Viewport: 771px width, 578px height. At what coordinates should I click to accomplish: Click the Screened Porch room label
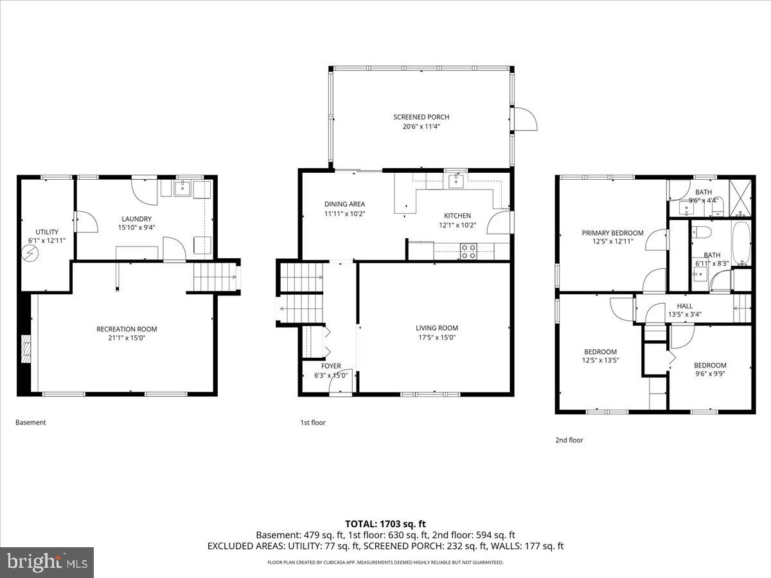(x=421, y=117)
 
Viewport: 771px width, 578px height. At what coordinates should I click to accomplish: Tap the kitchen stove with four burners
(x=468, y=251)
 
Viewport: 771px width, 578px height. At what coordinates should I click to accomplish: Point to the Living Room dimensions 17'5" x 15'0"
(x=436, y=337)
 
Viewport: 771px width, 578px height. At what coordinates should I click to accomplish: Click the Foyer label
(x=331, y=366)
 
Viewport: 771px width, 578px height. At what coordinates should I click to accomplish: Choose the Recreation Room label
(x=127, y=329)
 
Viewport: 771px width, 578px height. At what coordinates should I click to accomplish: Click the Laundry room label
(x=136, y=218)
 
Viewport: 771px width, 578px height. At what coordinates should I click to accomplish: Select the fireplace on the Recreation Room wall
(x=25, y=350)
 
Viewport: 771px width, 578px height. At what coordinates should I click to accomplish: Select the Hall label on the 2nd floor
(x=684, y=306)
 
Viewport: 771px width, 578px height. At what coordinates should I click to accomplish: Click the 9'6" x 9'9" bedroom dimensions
(x=710, y=374)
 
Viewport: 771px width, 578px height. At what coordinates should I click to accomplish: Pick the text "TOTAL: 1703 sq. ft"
(x=385, y=523)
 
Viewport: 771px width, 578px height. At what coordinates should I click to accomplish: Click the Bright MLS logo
(x=47, y=563)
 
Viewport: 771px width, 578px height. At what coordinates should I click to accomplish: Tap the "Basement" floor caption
(x=30, y=423)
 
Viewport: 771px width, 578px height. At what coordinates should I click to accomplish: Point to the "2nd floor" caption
(x=569, y=440)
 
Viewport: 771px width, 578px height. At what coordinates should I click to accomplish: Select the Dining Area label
(x=344, y=204)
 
